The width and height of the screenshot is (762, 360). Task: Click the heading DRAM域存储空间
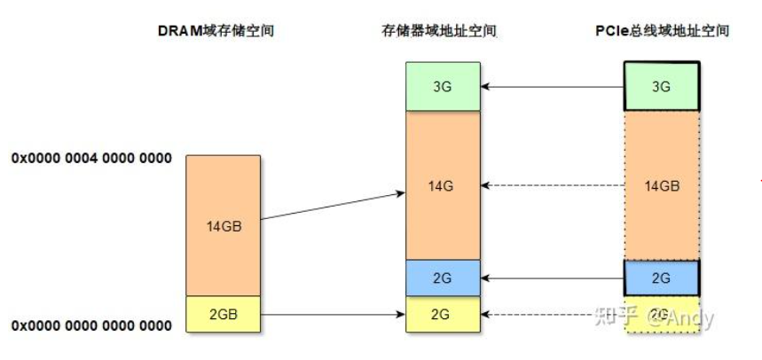click(216, 31)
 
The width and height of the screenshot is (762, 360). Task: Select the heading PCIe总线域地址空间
click(662, 31)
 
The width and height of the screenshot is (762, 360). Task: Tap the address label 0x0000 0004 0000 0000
click(91, 159)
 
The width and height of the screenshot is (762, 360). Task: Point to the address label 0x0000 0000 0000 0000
click(91, 325)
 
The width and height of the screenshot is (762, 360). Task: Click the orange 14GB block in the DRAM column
click(224, 225)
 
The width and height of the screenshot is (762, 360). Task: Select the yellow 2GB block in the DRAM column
click(224, 314)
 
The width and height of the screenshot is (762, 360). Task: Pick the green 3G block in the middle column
click(443, 86)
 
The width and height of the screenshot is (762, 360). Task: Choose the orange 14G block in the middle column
click(443, 185)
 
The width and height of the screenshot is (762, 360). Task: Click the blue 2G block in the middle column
click(443, 278)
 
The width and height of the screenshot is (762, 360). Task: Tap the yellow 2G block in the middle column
click(443, 314)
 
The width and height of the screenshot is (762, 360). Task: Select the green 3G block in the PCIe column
click(662, 86)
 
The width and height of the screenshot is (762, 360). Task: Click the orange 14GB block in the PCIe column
click(662, 185)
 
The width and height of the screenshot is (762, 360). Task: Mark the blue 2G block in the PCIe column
click(662, 278)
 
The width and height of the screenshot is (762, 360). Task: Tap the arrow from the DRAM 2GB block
click(333, 314)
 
